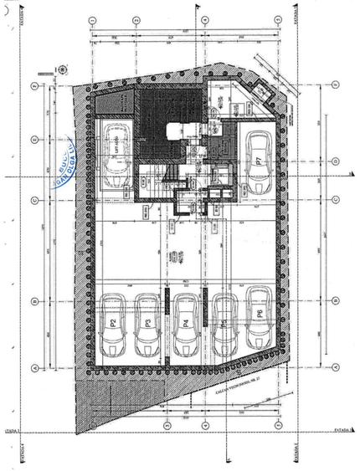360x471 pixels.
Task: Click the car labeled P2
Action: [111, 321]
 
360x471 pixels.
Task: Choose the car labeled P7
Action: [260, 159]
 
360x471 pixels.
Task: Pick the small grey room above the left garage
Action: [110, 104]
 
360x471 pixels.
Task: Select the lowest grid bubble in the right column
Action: [334, 366]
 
